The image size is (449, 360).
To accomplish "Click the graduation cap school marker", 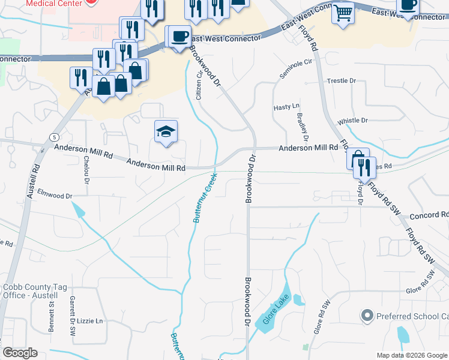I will tap(166, 132).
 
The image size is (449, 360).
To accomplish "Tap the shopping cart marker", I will tap(343, 12).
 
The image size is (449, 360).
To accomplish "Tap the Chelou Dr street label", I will tap(87, 170).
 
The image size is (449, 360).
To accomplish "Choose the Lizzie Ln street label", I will tap(91, 321).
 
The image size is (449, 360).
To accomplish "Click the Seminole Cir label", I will tap(296, 69).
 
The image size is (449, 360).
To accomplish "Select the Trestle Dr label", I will tap(342, 80).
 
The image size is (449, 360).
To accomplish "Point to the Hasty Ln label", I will tap(286, 107).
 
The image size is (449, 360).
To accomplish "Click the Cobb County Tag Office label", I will tap(30, 291).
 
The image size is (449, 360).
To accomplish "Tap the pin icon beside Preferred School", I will tap(367, 316).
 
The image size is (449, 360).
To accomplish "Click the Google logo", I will tap(20, 353).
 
